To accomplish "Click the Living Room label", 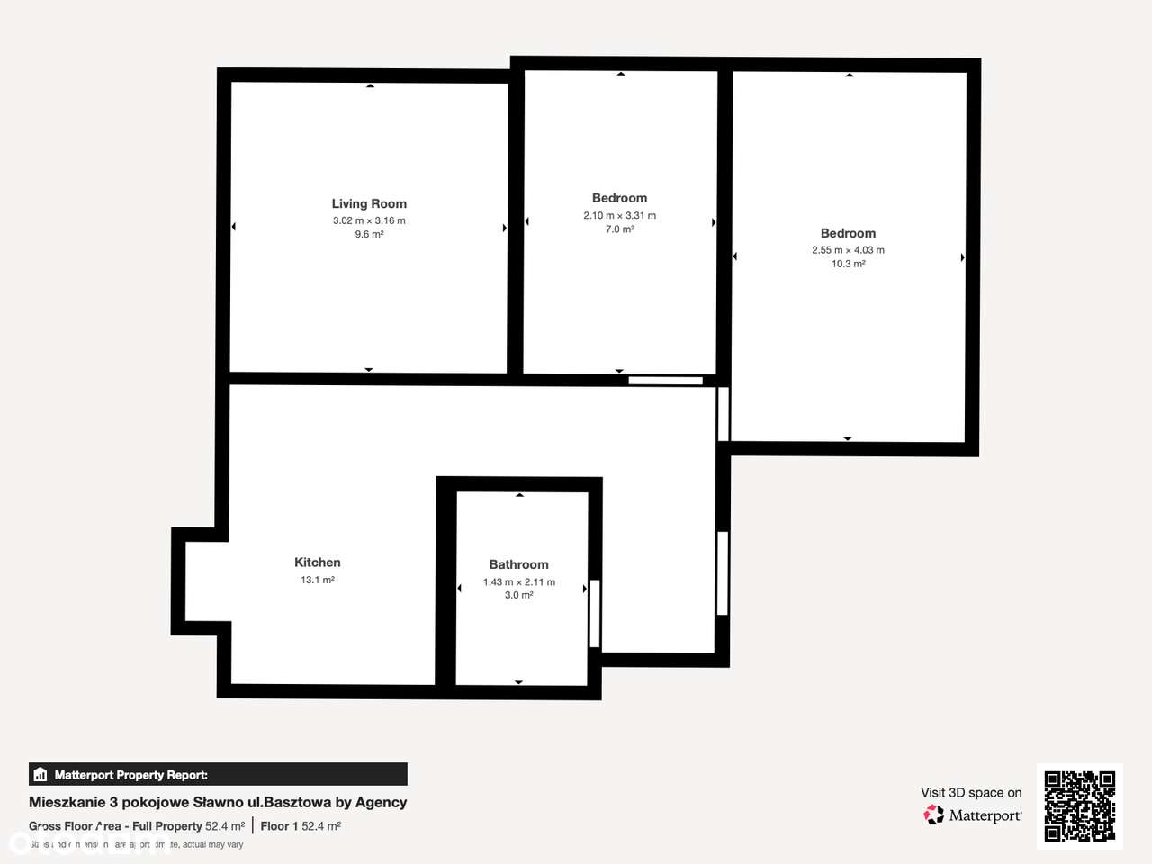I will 369,203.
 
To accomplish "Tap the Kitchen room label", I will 318,562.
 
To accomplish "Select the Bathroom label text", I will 518,564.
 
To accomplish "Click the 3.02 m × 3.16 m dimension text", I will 369,220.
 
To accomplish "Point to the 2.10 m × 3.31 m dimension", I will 619,215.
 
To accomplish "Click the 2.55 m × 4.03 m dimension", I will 848,250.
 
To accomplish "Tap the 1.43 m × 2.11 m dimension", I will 518,581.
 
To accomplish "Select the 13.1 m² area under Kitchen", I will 318,580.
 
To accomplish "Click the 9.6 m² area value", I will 369,234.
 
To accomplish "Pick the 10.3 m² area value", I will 848,264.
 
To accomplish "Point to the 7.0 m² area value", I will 619,229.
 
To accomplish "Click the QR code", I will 1079,805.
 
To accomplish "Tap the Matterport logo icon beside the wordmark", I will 934,815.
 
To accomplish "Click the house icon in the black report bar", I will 40,774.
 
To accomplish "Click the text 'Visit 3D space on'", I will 971,792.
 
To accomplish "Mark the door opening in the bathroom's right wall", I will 594,614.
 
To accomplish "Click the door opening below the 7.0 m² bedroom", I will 665,381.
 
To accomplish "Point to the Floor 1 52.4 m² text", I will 301,825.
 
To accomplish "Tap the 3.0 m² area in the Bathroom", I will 518,595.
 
